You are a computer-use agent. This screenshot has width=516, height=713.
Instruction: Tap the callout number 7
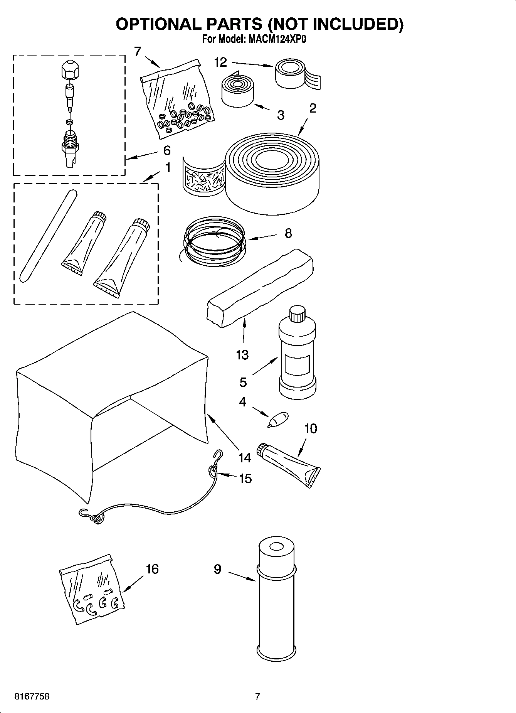(x=138, y=51)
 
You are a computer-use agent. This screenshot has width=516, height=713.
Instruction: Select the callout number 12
(x=221, y=62)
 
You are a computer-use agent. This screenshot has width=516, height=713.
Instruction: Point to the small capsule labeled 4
(x=278, y=419)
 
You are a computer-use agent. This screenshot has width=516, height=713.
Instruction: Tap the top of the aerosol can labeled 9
(x=276, y=548)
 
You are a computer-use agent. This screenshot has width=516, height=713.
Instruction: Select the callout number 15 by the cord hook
(x=245, y=479)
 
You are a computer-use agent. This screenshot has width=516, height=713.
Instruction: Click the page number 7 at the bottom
(x=257, y=696)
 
